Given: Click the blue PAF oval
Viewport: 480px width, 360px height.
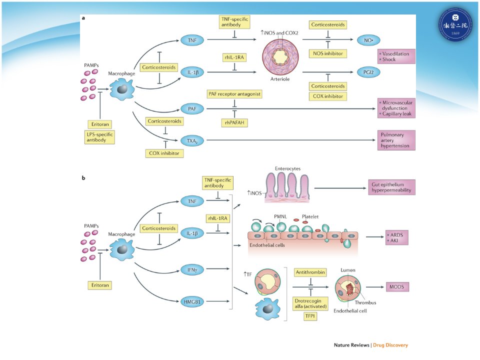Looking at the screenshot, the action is (192, 108).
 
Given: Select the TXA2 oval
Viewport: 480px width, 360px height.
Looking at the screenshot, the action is (192, 141).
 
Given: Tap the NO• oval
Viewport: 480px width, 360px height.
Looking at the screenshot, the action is (368, 40).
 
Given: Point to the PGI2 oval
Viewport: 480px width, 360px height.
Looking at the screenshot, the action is (368, 72).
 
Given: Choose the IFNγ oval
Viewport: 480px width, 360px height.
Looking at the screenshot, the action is (192, 269).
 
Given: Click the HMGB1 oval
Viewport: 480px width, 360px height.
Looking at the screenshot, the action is (192, 302).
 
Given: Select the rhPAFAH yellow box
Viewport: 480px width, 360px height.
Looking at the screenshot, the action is (234, 123).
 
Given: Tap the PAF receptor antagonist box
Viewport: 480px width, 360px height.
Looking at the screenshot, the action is (234, 94).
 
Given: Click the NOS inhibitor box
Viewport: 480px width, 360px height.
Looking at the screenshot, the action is (328, 53).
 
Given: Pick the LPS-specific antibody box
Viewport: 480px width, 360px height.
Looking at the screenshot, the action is (100, 137).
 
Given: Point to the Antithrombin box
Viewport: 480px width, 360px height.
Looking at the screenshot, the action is (310, 272).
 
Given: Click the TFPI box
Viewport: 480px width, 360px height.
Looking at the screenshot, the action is (310, 316).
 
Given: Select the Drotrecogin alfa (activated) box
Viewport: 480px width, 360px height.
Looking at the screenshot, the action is (310, 303).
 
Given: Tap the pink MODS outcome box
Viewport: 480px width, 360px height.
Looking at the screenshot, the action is (397, 287).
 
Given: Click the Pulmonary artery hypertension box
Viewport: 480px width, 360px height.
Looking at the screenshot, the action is (396, 140).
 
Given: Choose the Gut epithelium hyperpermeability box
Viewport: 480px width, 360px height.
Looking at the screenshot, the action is (391, 187).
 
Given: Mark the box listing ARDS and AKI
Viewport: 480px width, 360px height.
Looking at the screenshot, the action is (397, 237).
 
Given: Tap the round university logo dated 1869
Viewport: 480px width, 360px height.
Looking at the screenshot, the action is (455, 24).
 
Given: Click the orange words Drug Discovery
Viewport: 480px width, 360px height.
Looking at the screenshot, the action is (390, 345).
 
